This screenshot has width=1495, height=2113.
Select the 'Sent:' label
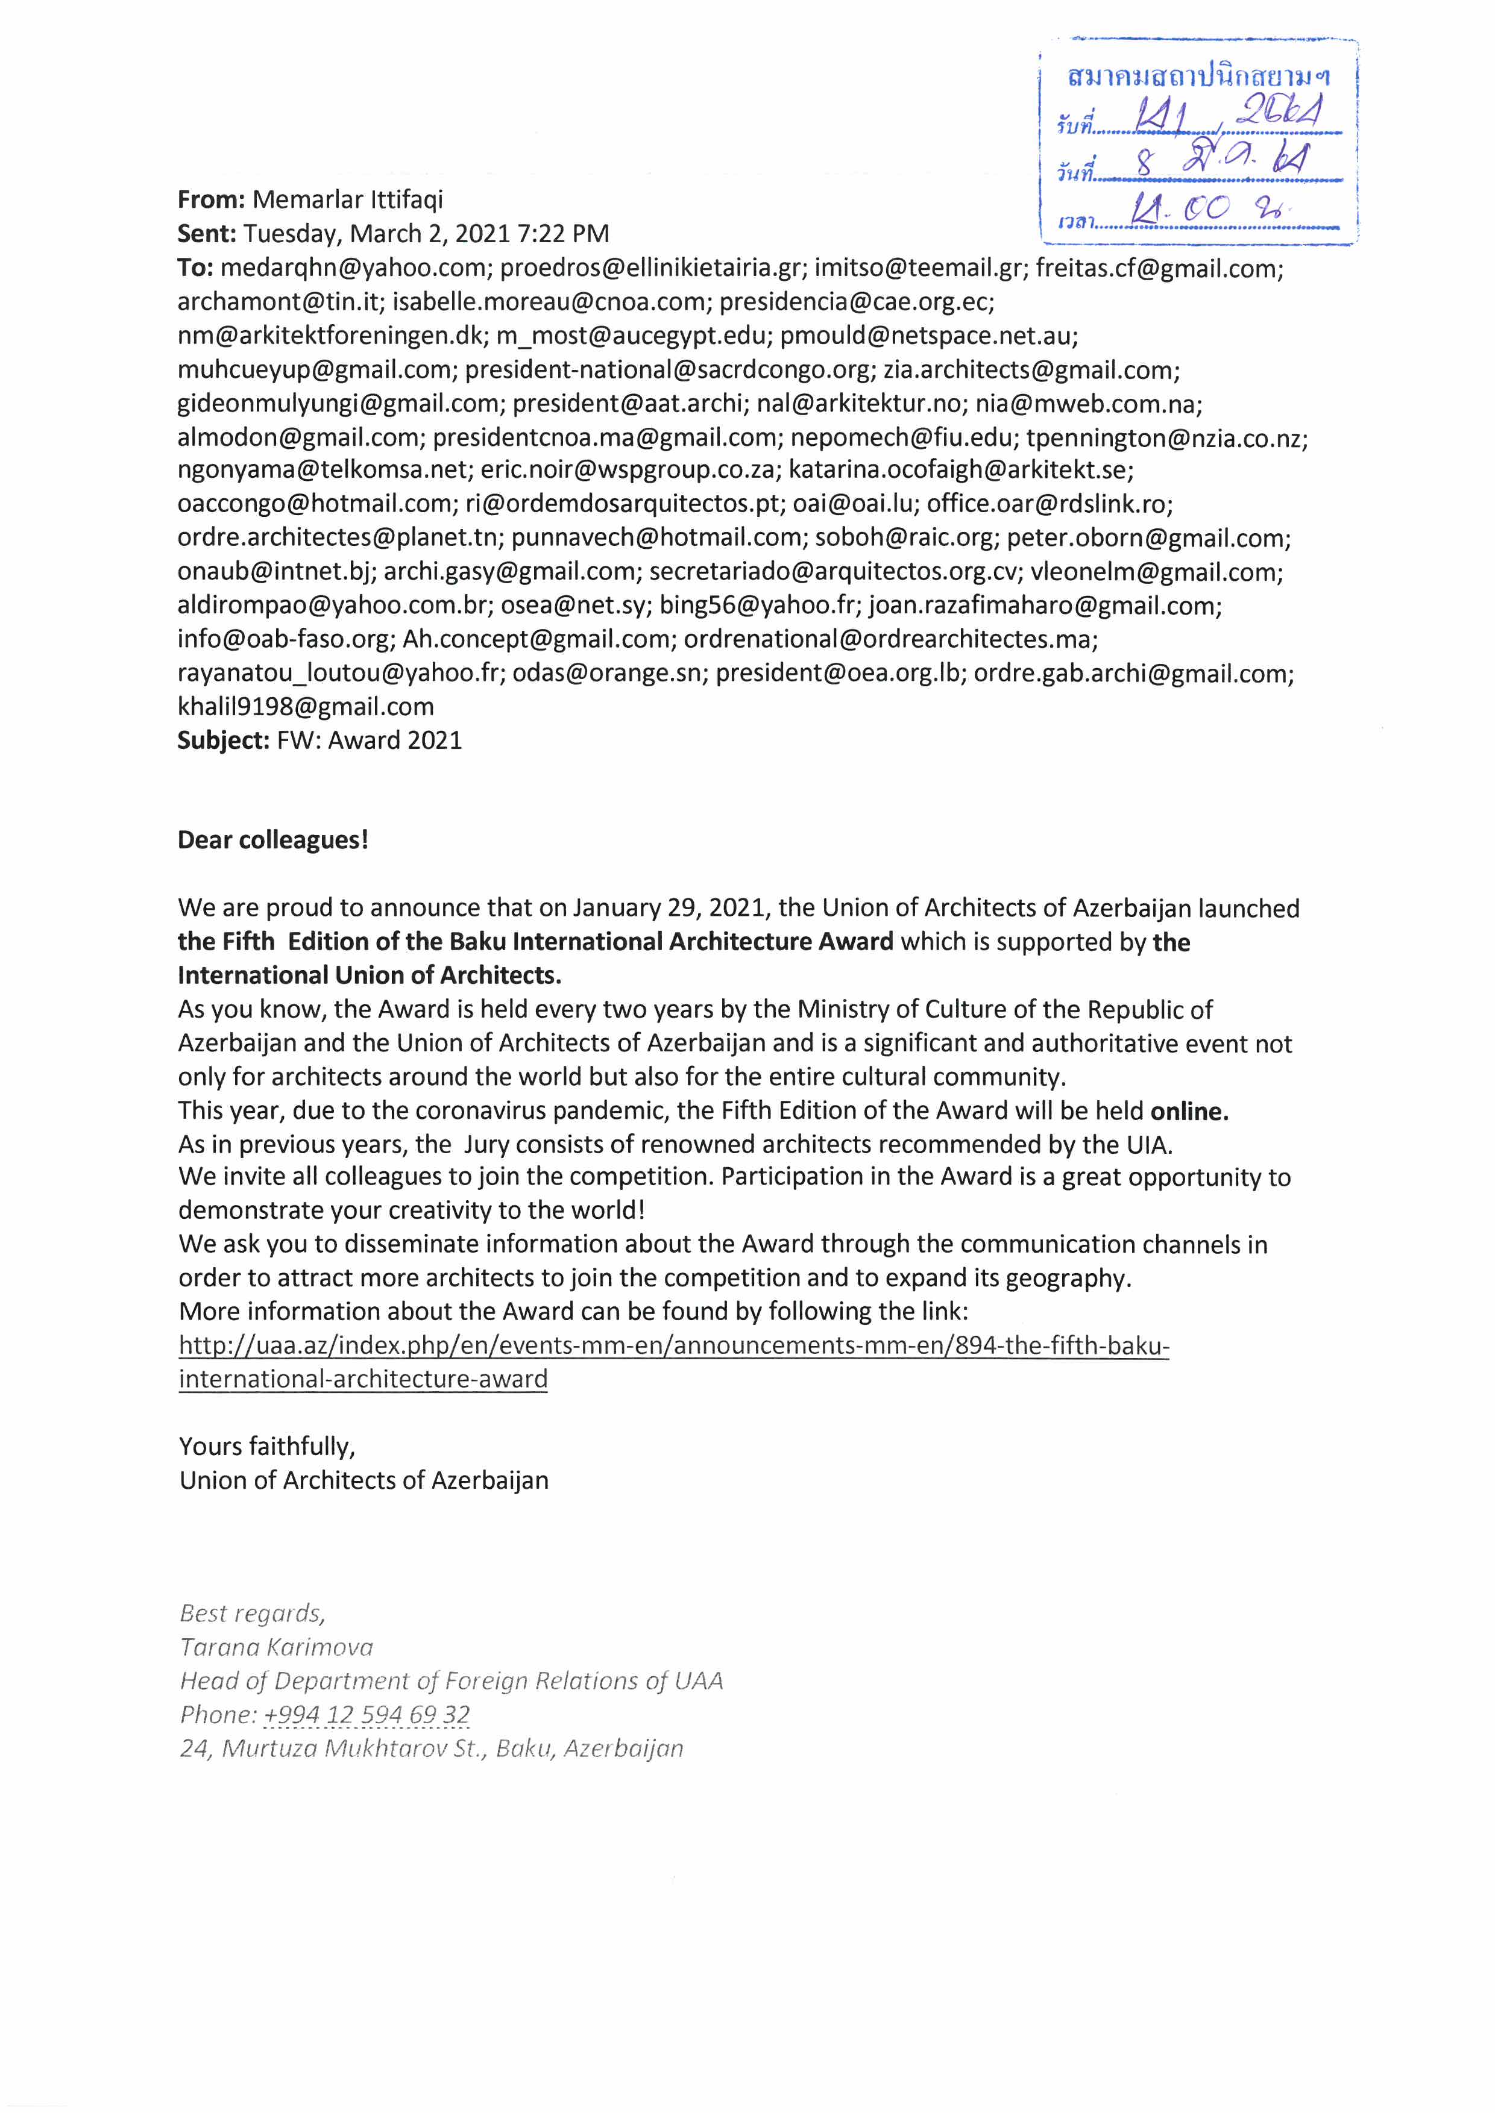click(x=207, y=234)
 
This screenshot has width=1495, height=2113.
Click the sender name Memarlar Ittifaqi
click(x=347, y=199)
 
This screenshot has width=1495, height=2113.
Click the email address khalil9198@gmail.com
click(x=306, y=707)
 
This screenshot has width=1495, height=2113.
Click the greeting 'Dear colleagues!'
click(x=272, y=841)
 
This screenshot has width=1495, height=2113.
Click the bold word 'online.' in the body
click(x=1189, y=1111)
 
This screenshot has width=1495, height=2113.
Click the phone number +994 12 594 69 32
click(x=367, y=1715)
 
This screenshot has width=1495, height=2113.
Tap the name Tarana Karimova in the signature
click(x=276, y=1647)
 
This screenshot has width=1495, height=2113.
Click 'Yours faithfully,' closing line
click(x=267, y=1447)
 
